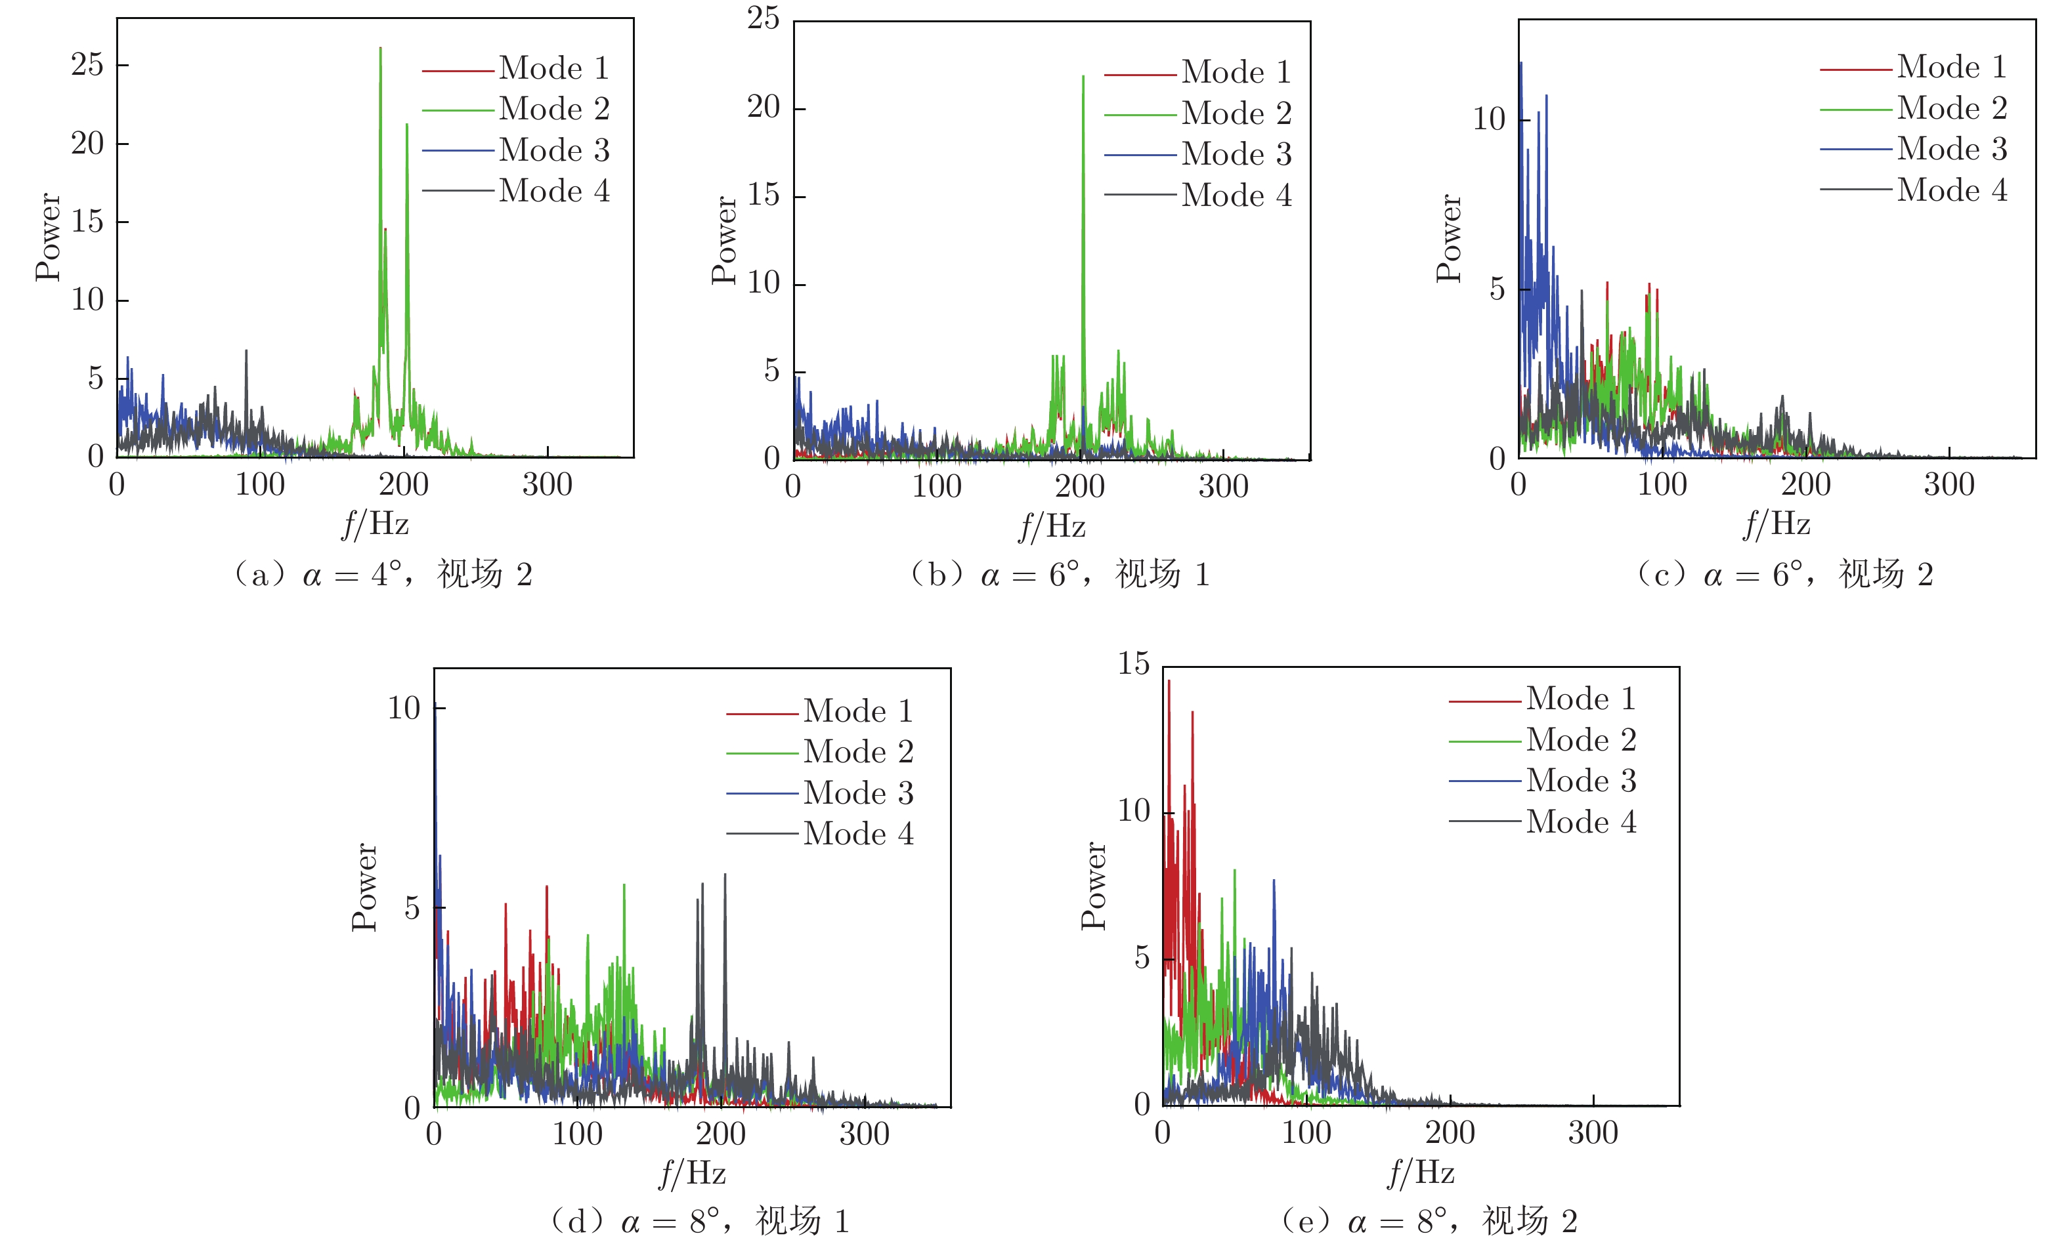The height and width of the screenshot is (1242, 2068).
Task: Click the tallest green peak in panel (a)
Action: (380, 49)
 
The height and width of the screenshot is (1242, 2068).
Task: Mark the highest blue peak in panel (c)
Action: (1520, 64)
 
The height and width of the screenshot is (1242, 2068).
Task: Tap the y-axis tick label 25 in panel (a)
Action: (87, 65)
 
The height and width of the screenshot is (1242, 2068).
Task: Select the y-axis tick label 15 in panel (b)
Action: (763, 195)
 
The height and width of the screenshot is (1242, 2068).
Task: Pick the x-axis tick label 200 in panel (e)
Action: (1450, 1133)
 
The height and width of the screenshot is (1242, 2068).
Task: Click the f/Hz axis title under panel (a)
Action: (375, 524)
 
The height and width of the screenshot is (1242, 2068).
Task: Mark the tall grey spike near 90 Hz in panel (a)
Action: (246, 352)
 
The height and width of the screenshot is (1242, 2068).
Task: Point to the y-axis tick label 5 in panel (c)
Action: (1497, 289)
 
